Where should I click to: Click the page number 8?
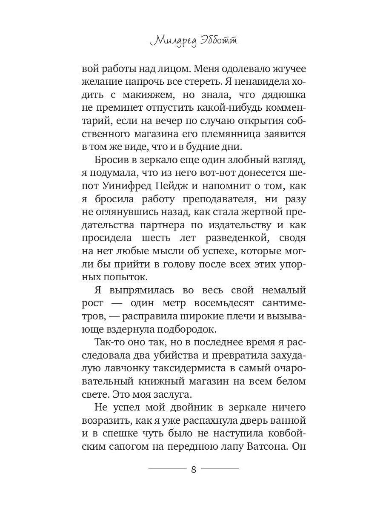(x=194, y=470)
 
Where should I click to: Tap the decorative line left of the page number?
(x=167, y=469)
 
